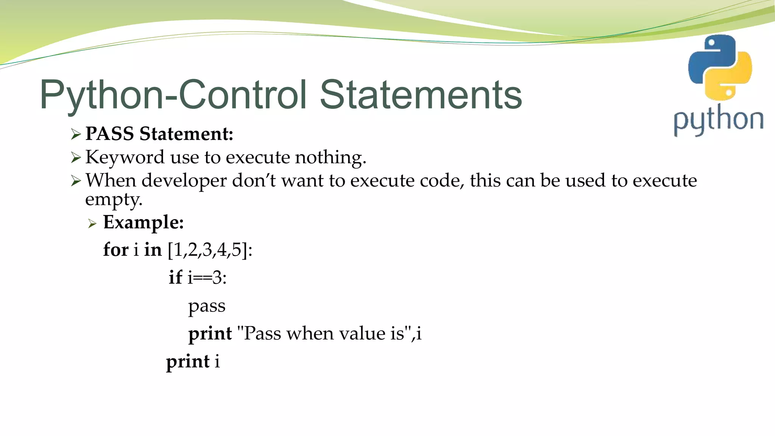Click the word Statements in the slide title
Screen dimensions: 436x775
(421, 95)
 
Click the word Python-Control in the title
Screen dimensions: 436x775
(173, 95)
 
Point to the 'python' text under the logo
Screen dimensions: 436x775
(718, 120)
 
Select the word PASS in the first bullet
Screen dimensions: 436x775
(109, 134)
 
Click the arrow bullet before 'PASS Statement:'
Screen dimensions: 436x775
(76, 134)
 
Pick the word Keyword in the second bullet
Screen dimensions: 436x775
(125, 157)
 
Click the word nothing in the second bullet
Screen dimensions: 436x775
(330, 157)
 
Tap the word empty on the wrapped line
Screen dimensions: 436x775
(114, 199)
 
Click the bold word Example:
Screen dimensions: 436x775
(143, 222)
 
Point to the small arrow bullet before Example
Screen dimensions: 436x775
(92, 224)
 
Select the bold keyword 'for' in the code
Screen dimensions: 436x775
(116, 250)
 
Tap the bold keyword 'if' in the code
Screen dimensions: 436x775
(175, 277)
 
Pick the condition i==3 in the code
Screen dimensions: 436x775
(207, 278)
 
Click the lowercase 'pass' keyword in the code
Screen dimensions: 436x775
(207, 306)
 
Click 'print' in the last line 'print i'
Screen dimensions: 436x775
(188, 361)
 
